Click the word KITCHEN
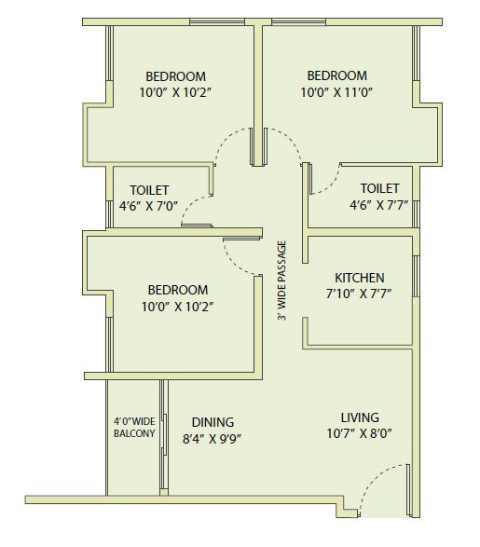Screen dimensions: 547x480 tap(360, 279)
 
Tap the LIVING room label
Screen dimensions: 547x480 tap(359, 417)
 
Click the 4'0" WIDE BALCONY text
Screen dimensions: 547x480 tap(134, 428)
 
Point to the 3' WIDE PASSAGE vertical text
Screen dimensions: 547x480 tap(281, 281)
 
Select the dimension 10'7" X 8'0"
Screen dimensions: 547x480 tap(359, 434)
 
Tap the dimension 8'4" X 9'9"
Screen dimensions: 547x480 tap(213, 439)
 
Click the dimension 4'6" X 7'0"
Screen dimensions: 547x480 tap(149, 206)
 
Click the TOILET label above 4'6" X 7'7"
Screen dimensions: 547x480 tap(379, 188)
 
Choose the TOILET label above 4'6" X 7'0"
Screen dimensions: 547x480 tap(149, 190)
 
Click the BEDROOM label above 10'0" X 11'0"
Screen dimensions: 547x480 tap(336, 75)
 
